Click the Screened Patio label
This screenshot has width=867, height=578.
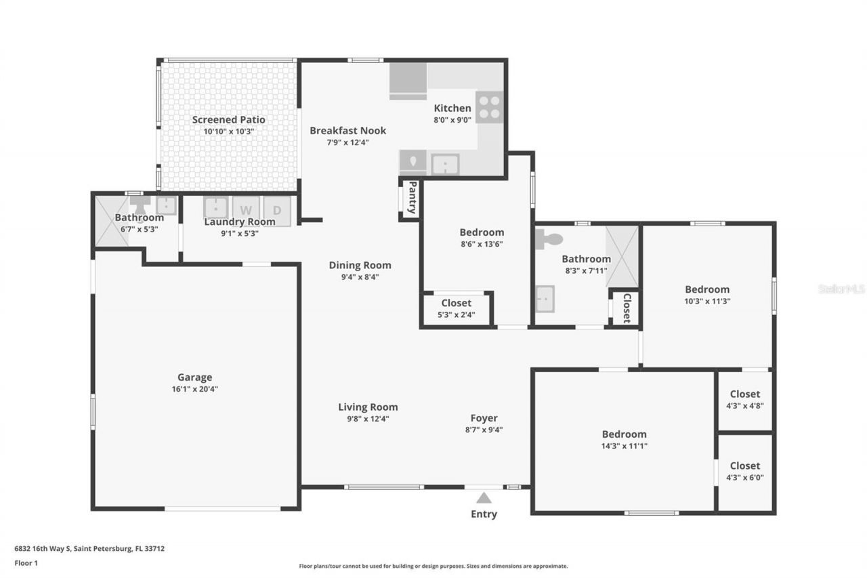coord(228,120)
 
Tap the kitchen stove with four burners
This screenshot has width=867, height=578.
coord(489,107)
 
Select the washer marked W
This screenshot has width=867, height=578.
coord(246,209)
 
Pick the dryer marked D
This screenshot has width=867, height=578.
coord(276,209)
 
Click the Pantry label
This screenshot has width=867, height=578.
coord(410,198)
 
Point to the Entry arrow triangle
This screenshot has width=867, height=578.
coord(484,498)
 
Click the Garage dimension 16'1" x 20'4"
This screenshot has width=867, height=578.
coord(195,389)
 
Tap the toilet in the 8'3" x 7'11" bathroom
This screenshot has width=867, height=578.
coord(549,239)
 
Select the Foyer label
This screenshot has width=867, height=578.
coord(484,418)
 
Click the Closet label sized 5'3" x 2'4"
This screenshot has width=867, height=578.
coord(456,303)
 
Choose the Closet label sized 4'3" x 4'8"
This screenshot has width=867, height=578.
coord(744,394)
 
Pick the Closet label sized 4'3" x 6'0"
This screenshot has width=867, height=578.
coord(744,466)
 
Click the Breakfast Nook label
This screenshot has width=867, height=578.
coord(347,130)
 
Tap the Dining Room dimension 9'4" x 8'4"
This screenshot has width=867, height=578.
coord(360,276)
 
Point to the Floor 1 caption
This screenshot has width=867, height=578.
coord(26,562)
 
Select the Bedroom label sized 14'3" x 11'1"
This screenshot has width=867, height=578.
coord(624,434)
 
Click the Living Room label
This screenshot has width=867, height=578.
coord(368,407)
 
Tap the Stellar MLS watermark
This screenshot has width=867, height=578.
coord(841,289)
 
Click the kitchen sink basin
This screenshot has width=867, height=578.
coord(445,164)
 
